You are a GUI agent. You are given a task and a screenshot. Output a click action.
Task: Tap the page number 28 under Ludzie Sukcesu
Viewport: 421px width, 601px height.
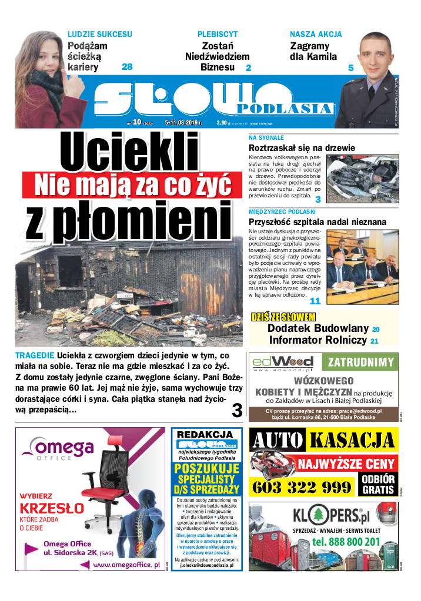[127, 67]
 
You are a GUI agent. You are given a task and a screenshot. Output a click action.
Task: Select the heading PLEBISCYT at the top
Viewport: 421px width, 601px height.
[218, 35]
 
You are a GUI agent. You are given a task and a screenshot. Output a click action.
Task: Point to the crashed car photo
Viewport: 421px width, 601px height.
[362, 179]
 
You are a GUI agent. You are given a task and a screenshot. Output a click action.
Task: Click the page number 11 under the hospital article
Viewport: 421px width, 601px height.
[315, 301]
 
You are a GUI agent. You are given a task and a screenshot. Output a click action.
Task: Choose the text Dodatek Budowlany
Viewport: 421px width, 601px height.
[318, 328]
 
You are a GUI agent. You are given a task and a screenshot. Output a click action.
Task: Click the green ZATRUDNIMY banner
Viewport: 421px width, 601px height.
[361, 361]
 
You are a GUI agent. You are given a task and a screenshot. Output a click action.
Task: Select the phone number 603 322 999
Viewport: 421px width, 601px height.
[301, 487]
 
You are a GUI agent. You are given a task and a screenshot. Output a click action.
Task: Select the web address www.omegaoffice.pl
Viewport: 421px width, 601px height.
[126, 565]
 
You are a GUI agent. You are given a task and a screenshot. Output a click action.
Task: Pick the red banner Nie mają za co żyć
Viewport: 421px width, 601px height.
[132, 184]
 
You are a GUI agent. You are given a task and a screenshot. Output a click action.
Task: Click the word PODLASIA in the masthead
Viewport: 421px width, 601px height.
[284, 109]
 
